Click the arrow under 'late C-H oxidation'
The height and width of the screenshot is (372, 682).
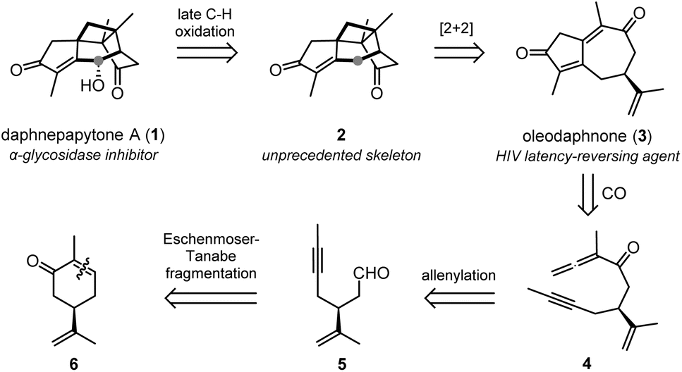tap(207, 53)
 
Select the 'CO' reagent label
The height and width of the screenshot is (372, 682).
tap(614, 193)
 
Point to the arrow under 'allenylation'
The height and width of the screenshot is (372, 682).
tap(460, 299)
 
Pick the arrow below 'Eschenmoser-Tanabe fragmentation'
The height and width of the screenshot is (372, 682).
tap(210, 299)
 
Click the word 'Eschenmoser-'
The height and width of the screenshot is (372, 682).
tap(211, 240)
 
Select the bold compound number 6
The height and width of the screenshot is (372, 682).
tap(74, 363)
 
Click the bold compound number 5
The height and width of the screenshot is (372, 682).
tap(342, 363)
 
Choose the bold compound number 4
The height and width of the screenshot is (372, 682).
tap(587, 363)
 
